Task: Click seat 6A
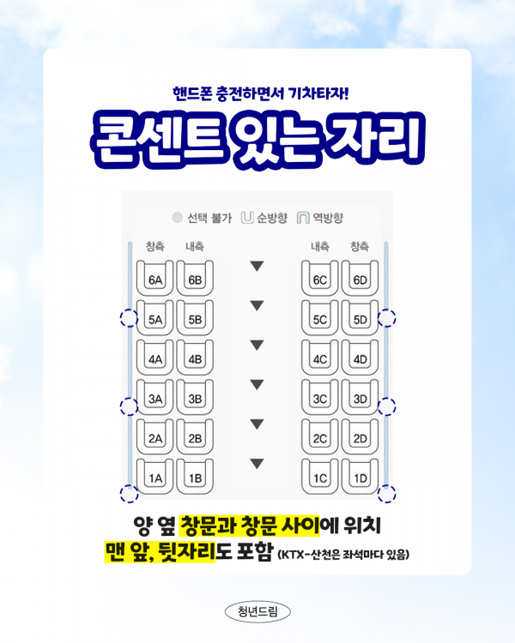[x=155, y=279]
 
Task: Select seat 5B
[x=195, y=319]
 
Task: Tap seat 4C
[x=320, y=358]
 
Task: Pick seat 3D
[x=360, y=398]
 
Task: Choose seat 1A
[x=155, y=478]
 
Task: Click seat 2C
[x=320, y=438]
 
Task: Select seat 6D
[x=360, y=279]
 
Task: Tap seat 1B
[x=195, y=478]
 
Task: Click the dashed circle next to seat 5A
[x=129, y=319]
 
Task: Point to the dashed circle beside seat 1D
[x=387, y=493]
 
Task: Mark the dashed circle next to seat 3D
[x=387, y=406]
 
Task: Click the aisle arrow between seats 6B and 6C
[x=256, y=267]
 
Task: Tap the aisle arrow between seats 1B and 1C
[x=256, y=465]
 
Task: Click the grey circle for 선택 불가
[x=178, y=218]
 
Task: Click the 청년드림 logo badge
[x=257, y=611]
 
